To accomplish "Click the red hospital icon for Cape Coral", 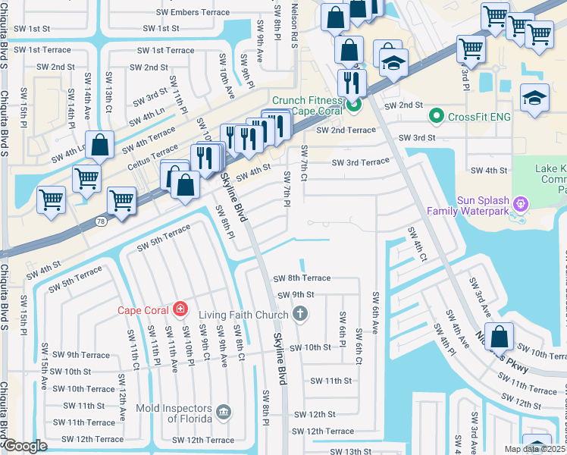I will point(180,309).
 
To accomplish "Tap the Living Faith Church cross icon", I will point(300,314).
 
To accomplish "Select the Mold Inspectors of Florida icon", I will point(224,413).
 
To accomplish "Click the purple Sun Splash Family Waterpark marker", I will point(520,203).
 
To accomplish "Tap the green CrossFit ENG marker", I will point(436,116).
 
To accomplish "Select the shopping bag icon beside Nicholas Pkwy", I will point(500,336).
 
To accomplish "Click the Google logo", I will point(25,446).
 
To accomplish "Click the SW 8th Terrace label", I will point(302,278).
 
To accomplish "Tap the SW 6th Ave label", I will point(374,311).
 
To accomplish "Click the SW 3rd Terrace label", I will point(360,162).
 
